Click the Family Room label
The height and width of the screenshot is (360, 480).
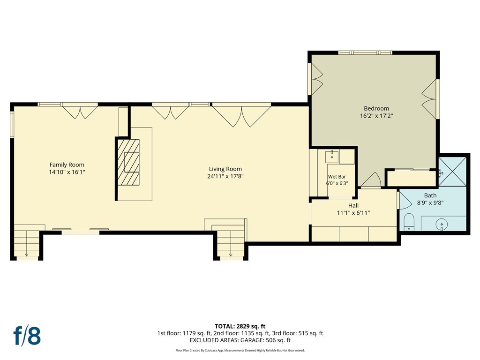(67, 165)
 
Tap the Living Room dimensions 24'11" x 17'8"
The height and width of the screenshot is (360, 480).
(225, 176)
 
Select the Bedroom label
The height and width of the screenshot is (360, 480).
(376, 108)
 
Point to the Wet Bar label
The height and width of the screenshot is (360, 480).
(337, 177)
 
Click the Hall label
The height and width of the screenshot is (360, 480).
(353, 205)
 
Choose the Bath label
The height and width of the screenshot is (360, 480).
(430, 195)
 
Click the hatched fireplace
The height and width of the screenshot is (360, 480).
(128, 162)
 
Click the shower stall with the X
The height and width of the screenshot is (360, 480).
(452, 172)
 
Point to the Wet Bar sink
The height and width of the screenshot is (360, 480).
(332, 157)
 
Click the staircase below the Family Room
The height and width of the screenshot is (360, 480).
(27, 243)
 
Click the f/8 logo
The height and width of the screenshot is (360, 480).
(27, 336)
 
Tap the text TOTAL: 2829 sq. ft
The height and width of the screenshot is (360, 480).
(240, 326)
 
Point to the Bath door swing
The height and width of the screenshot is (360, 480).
(405, 201)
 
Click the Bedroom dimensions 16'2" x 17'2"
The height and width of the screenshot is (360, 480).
(376, 116)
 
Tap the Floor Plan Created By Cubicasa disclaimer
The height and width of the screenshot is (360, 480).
(240, 351)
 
